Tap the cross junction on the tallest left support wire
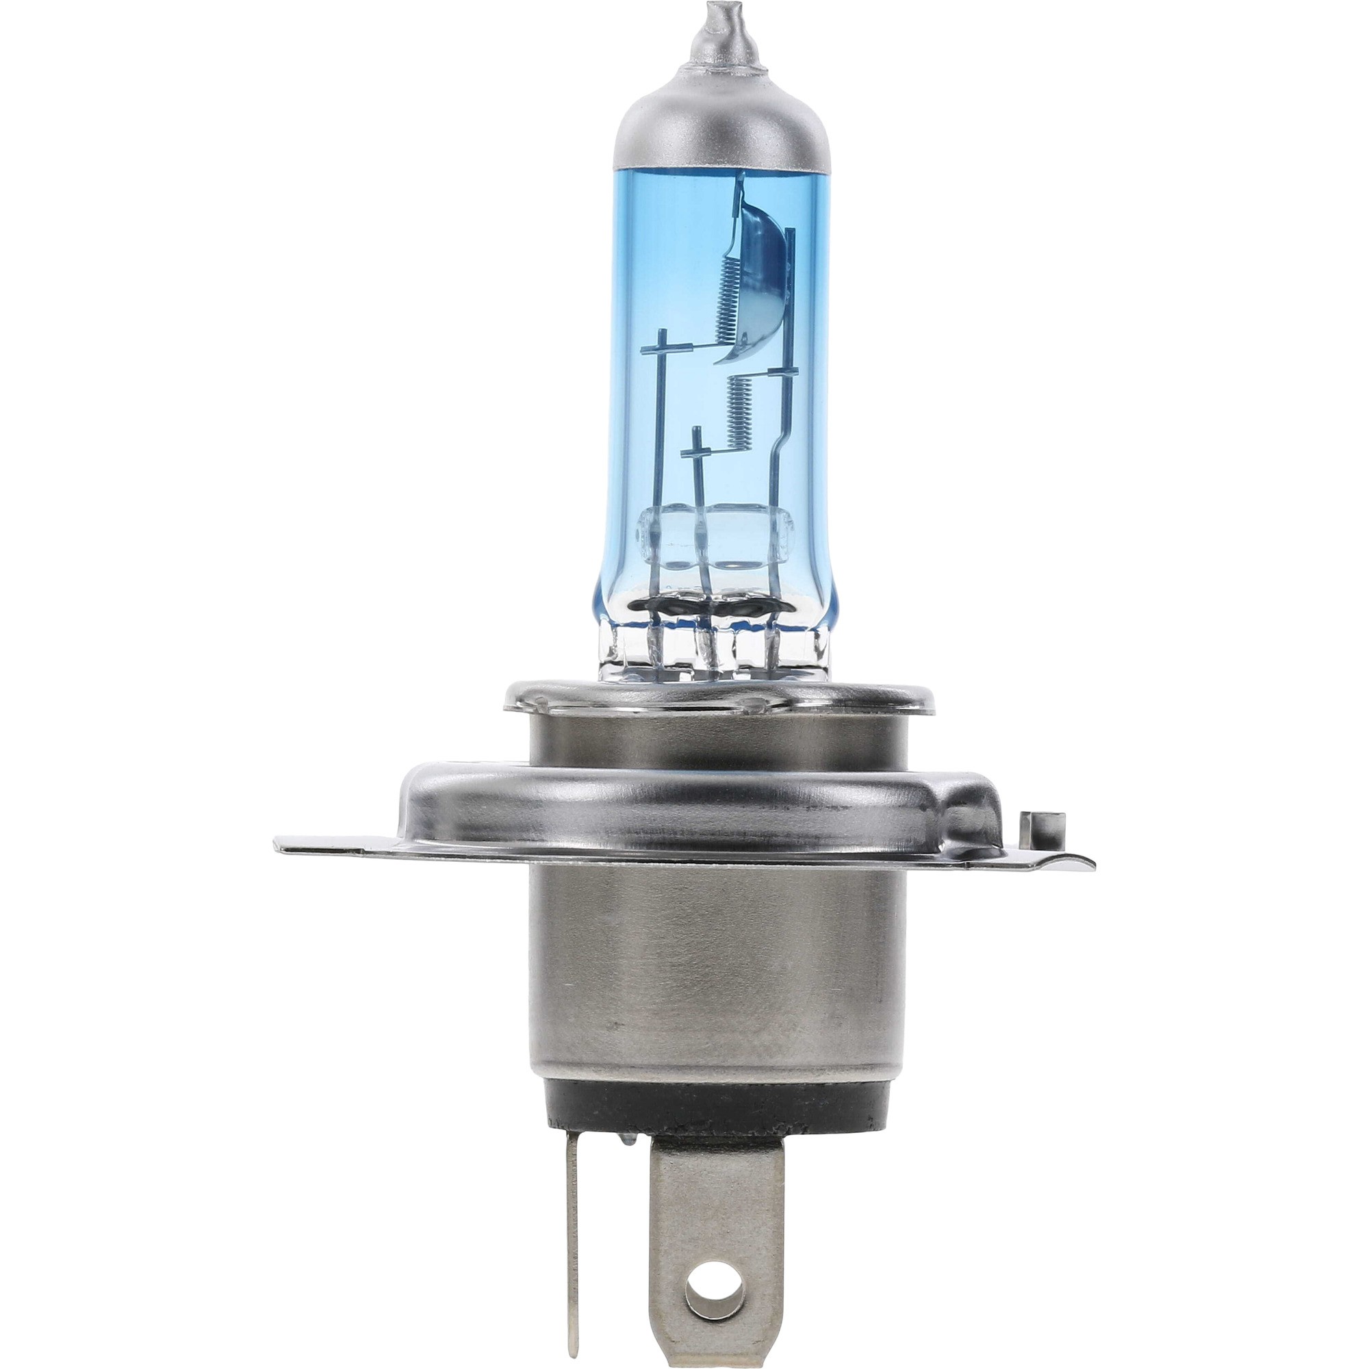[663, 347]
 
